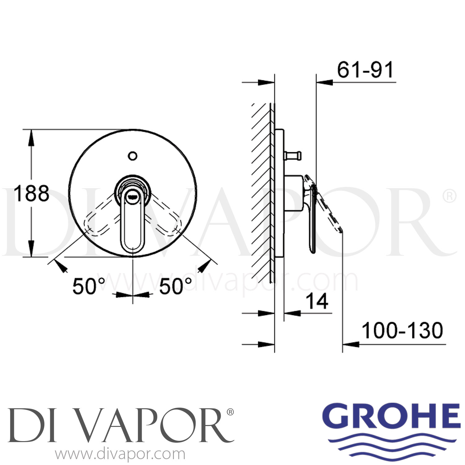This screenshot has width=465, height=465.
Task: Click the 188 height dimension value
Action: tap(32, 193)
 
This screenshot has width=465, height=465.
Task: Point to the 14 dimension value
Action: tap(317, 301)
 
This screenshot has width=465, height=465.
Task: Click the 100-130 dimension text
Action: tap(402, 330)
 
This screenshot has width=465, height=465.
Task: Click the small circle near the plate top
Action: tap(133, 156)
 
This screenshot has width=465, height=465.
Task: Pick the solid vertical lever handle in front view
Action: tap(132, 223)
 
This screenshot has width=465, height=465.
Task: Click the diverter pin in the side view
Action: tap(293, 155)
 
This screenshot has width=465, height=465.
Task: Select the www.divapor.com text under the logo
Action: tap(120, 454)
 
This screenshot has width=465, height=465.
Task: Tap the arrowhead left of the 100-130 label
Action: tap(350, 344)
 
